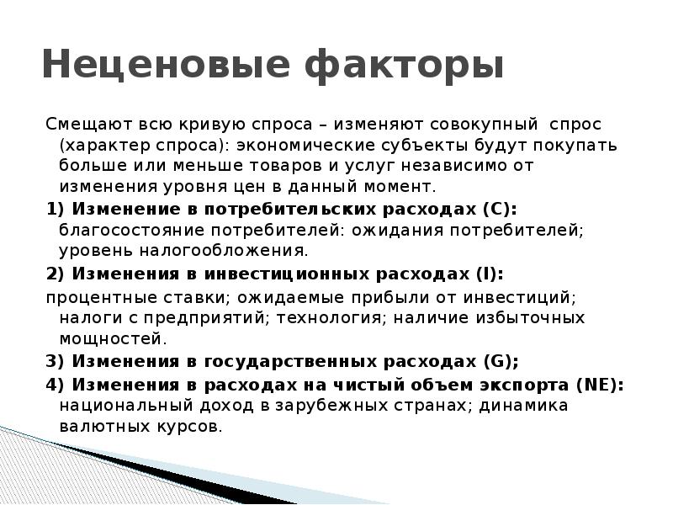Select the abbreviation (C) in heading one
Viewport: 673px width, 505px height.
[500, 209]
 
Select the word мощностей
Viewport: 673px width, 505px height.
[109, 339]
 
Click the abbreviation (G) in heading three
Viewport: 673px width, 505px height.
[501, 362]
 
